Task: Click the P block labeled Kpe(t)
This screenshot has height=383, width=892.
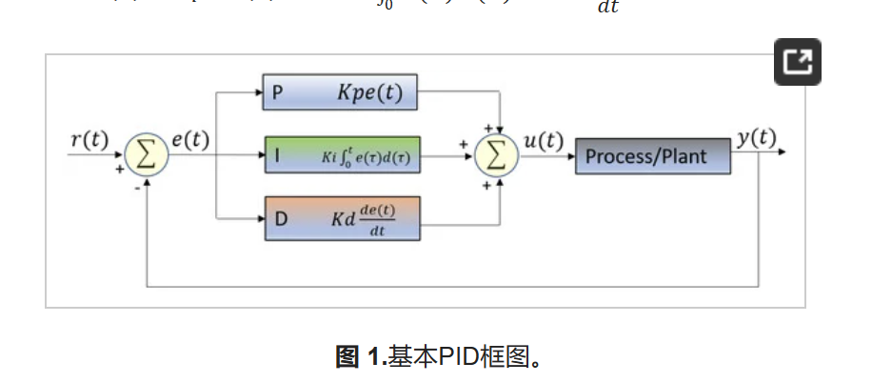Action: tap(341, 93)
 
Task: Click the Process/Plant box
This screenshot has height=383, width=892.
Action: tap(652, 155)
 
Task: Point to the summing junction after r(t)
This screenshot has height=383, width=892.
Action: tap(147, 154)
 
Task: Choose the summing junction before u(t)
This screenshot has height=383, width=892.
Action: tap(497, 154)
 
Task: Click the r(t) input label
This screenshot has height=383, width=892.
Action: tap(90, 139)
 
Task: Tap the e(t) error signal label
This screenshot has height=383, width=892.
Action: tap(190, 139)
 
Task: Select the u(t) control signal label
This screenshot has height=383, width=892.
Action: tap(544, 141)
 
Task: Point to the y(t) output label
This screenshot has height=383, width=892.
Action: tap(757, 138)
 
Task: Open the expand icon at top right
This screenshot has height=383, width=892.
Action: tap(797, 63)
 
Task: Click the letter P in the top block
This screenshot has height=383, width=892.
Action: tap(277, 93)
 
